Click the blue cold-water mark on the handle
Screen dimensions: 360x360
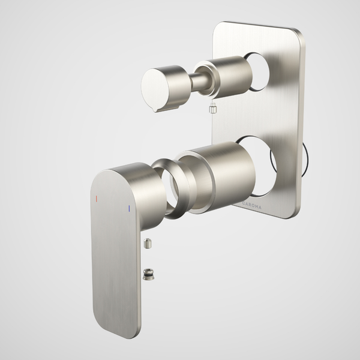[129, 208]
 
